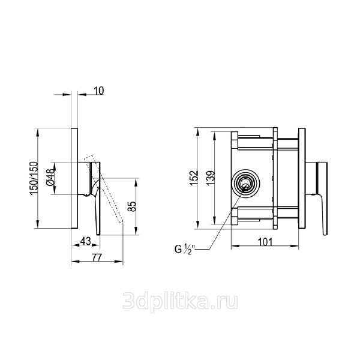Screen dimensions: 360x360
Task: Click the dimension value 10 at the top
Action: click(99, 91)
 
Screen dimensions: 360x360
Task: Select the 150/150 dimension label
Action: click(34, 178)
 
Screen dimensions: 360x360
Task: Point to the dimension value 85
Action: click(132, 206)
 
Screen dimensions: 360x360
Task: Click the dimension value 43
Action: click(85, 241)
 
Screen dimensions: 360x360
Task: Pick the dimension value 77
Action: click(97, 258)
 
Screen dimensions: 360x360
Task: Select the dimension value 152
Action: click(194, 178)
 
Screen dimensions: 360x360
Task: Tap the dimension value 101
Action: click(265, 242)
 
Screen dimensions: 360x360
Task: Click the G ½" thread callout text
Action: click(184, 249)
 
